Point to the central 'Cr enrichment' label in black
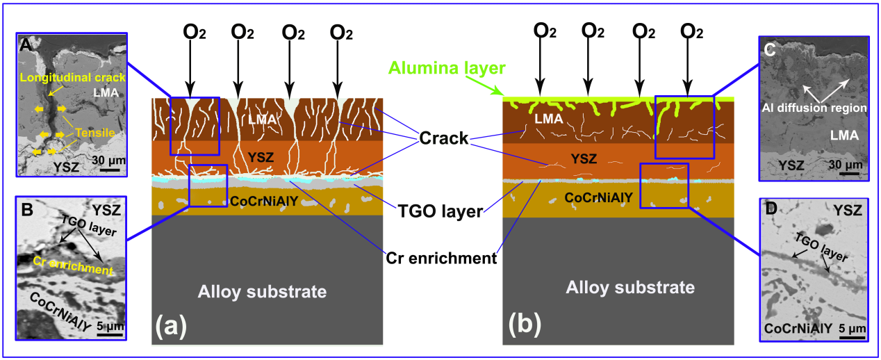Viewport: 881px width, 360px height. click(x=440, y=257)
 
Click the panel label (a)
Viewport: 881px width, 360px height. click(x=171, y=325)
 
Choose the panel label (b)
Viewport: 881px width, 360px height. click(x=522, y=325)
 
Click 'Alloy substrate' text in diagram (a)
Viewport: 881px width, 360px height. click(x=262, y=291)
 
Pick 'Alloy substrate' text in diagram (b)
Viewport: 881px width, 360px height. click(x=629, y=286)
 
